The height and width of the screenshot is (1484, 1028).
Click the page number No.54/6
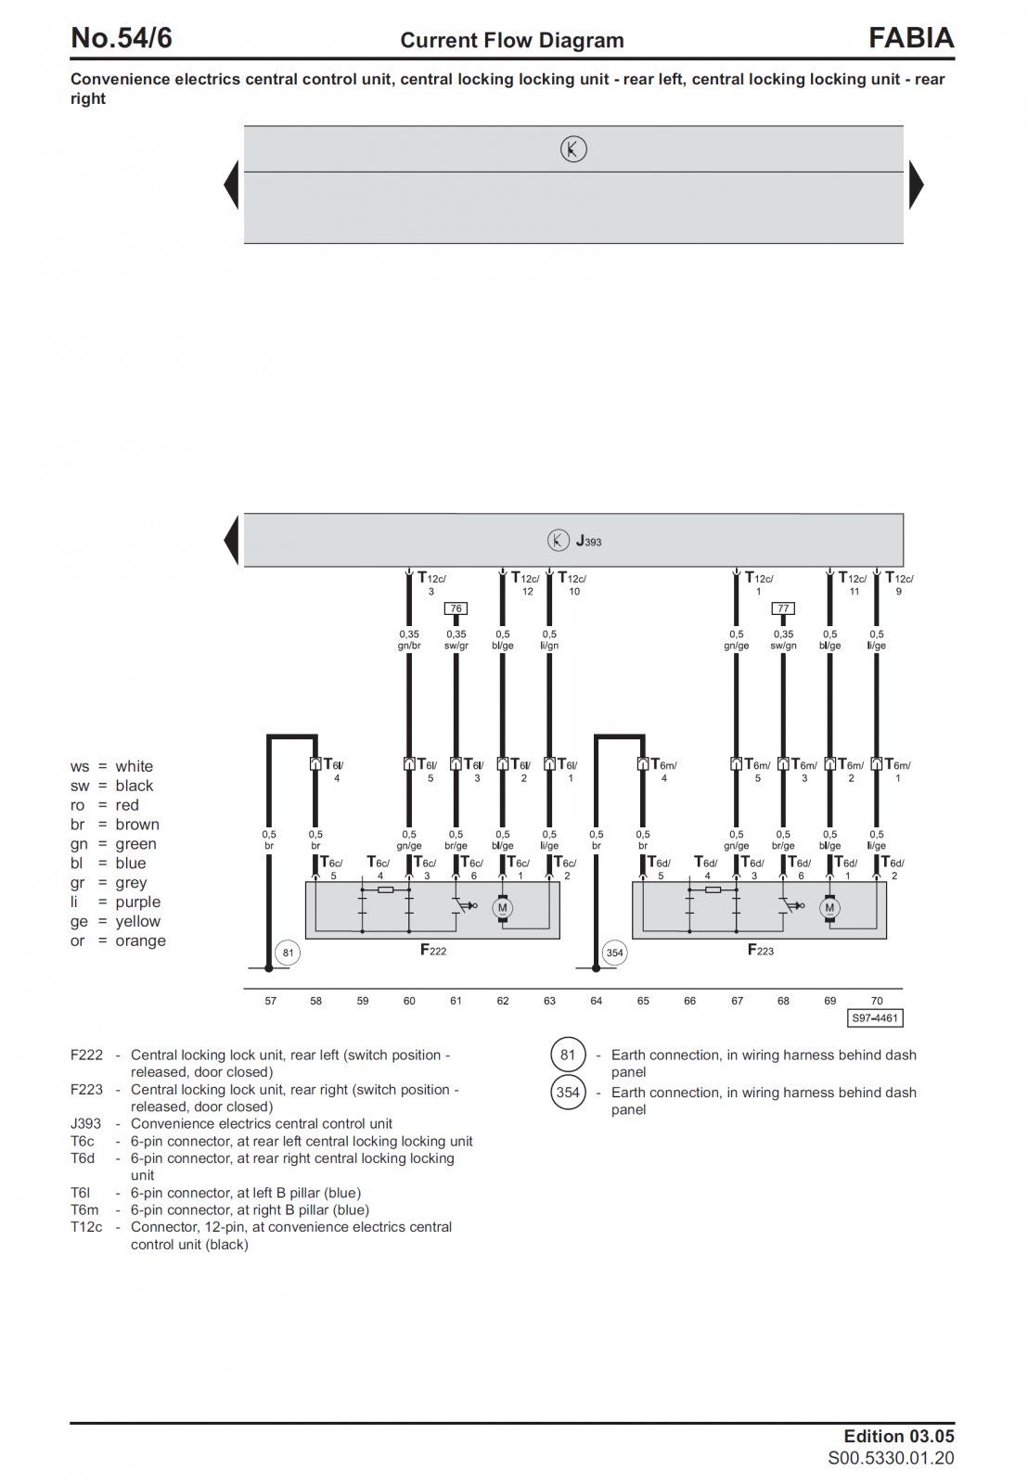click(x=122, y=38)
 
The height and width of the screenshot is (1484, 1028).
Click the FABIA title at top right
click(x=910, y=38)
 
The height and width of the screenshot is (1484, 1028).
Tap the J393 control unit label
click(x=588, y=541)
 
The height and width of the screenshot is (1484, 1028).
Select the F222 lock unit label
click(x=433, y=950)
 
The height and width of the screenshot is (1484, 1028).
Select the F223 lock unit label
click(x=760, y=950)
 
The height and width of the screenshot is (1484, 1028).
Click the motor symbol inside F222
click(x=503, y=908)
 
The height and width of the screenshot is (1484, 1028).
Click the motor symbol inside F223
click(x=829, y=908)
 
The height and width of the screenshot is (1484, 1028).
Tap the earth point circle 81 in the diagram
click(x=288, y=953)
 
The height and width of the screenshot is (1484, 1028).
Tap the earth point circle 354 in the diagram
click(x=614, y=953)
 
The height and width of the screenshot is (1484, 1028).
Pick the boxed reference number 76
click(x=456, y=608)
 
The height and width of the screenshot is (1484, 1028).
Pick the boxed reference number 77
click(x=783, y=608)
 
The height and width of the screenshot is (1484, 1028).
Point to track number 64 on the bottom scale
click(x=596, y=1001)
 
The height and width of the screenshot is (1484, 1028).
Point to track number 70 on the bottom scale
click(x=877, y=1001)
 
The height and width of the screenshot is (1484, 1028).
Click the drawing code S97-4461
click(x=875, y=1018)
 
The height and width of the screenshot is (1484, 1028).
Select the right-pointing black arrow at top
click(x=916, y=185)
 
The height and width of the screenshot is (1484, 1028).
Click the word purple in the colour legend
click(x=137, y=902)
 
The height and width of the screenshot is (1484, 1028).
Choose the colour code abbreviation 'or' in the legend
click(x=77, y=940)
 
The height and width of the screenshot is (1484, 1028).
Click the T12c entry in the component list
click(x=86, y=1227)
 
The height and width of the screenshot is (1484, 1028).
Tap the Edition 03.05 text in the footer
click(x=898, y=1436)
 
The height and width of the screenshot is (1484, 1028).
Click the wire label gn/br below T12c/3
click(x=409, y=646)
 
